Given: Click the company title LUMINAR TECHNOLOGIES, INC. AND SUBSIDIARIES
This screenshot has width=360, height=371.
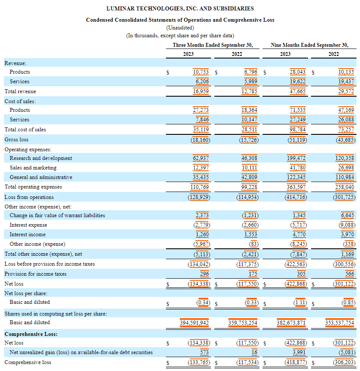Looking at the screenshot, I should [x=180, y=8].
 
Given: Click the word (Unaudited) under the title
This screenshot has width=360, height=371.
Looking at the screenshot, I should [x=180, y=27].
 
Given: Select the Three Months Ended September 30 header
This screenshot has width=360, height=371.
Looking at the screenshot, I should [x=213, y=45].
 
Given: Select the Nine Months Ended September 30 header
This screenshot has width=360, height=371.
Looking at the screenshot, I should [x=309, y=45].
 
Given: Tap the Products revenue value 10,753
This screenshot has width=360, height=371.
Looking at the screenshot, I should [x=201, y=72].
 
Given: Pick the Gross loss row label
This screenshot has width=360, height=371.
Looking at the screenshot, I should [x=16, y=139].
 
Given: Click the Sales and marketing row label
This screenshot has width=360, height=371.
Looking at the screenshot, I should [x=33, y=168].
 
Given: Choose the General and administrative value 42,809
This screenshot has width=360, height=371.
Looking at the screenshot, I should [x=250, y=177].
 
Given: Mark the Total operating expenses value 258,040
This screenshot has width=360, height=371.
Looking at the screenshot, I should [x=345, y=187].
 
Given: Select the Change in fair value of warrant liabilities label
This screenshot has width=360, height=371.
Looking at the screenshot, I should [x=57, y=215].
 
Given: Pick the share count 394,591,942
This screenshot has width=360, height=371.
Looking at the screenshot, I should [x=195, y=322].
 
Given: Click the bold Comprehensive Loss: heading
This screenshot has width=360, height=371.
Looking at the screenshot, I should [x=31, y=334].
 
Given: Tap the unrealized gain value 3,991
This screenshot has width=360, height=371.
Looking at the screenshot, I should [x=299, y=352].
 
